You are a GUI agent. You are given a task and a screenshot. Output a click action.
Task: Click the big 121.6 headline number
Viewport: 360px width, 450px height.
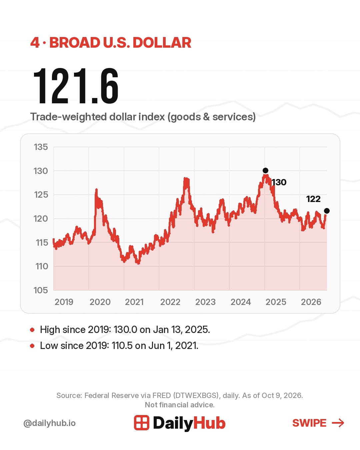(x=76, y=86)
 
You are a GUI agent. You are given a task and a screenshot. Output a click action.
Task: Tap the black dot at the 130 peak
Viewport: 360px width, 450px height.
(x=265, y=171)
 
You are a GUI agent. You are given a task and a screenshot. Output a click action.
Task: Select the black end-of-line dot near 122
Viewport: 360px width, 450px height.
(x=327, y=211)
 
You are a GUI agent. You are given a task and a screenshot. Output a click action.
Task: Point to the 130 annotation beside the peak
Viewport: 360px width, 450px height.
(x=279, y=182)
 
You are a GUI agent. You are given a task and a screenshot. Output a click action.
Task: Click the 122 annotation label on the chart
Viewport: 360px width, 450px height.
(x=313, y=199)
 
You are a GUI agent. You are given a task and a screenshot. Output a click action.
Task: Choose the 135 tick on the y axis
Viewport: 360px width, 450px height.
(x=41, y=147)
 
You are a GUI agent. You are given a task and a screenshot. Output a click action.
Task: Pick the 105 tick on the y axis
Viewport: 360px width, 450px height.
(x=41, y=290)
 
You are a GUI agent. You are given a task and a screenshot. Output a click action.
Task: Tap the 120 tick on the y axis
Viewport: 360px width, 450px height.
(x=41, y=219)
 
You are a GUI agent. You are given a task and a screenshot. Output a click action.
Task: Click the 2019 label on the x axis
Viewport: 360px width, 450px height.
(x=64, y=302)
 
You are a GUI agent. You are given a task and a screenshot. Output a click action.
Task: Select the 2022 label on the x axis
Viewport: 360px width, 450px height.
(x=170, y=302)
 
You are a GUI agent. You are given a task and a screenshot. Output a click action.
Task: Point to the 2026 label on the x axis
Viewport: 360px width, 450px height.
(x=311, y=302)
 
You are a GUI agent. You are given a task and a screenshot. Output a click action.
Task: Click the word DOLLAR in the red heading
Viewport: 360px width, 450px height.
(x=162, y=43)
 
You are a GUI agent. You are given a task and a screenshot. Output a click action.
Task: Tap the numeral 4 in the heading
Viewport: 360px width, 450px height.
(x=35, y=43)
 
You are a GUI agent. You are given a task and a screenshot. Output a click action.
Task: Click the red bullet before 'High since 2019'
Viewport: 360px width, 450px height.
(x=32, y=330)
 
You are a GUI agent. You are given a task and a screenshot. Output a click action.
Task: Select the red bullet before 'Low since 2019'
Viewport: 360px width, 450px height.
(x=32, y=346)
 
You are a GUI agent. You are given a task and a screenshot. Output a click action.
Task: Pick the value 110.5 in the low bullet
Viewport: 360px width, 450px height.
(x=122, y=346)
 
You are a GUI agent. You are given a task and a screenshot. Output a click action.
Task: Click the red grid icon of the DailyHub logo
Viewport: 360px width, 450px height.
(x=142, y=423)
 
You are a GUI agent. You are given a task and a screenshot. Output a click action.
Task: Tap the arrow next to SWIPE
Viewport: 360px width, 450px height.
(x=338, y=423)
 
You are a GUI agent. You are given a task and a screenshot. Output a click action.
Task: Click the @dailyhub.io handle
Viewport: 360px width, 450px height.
(x=50, y=423)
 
